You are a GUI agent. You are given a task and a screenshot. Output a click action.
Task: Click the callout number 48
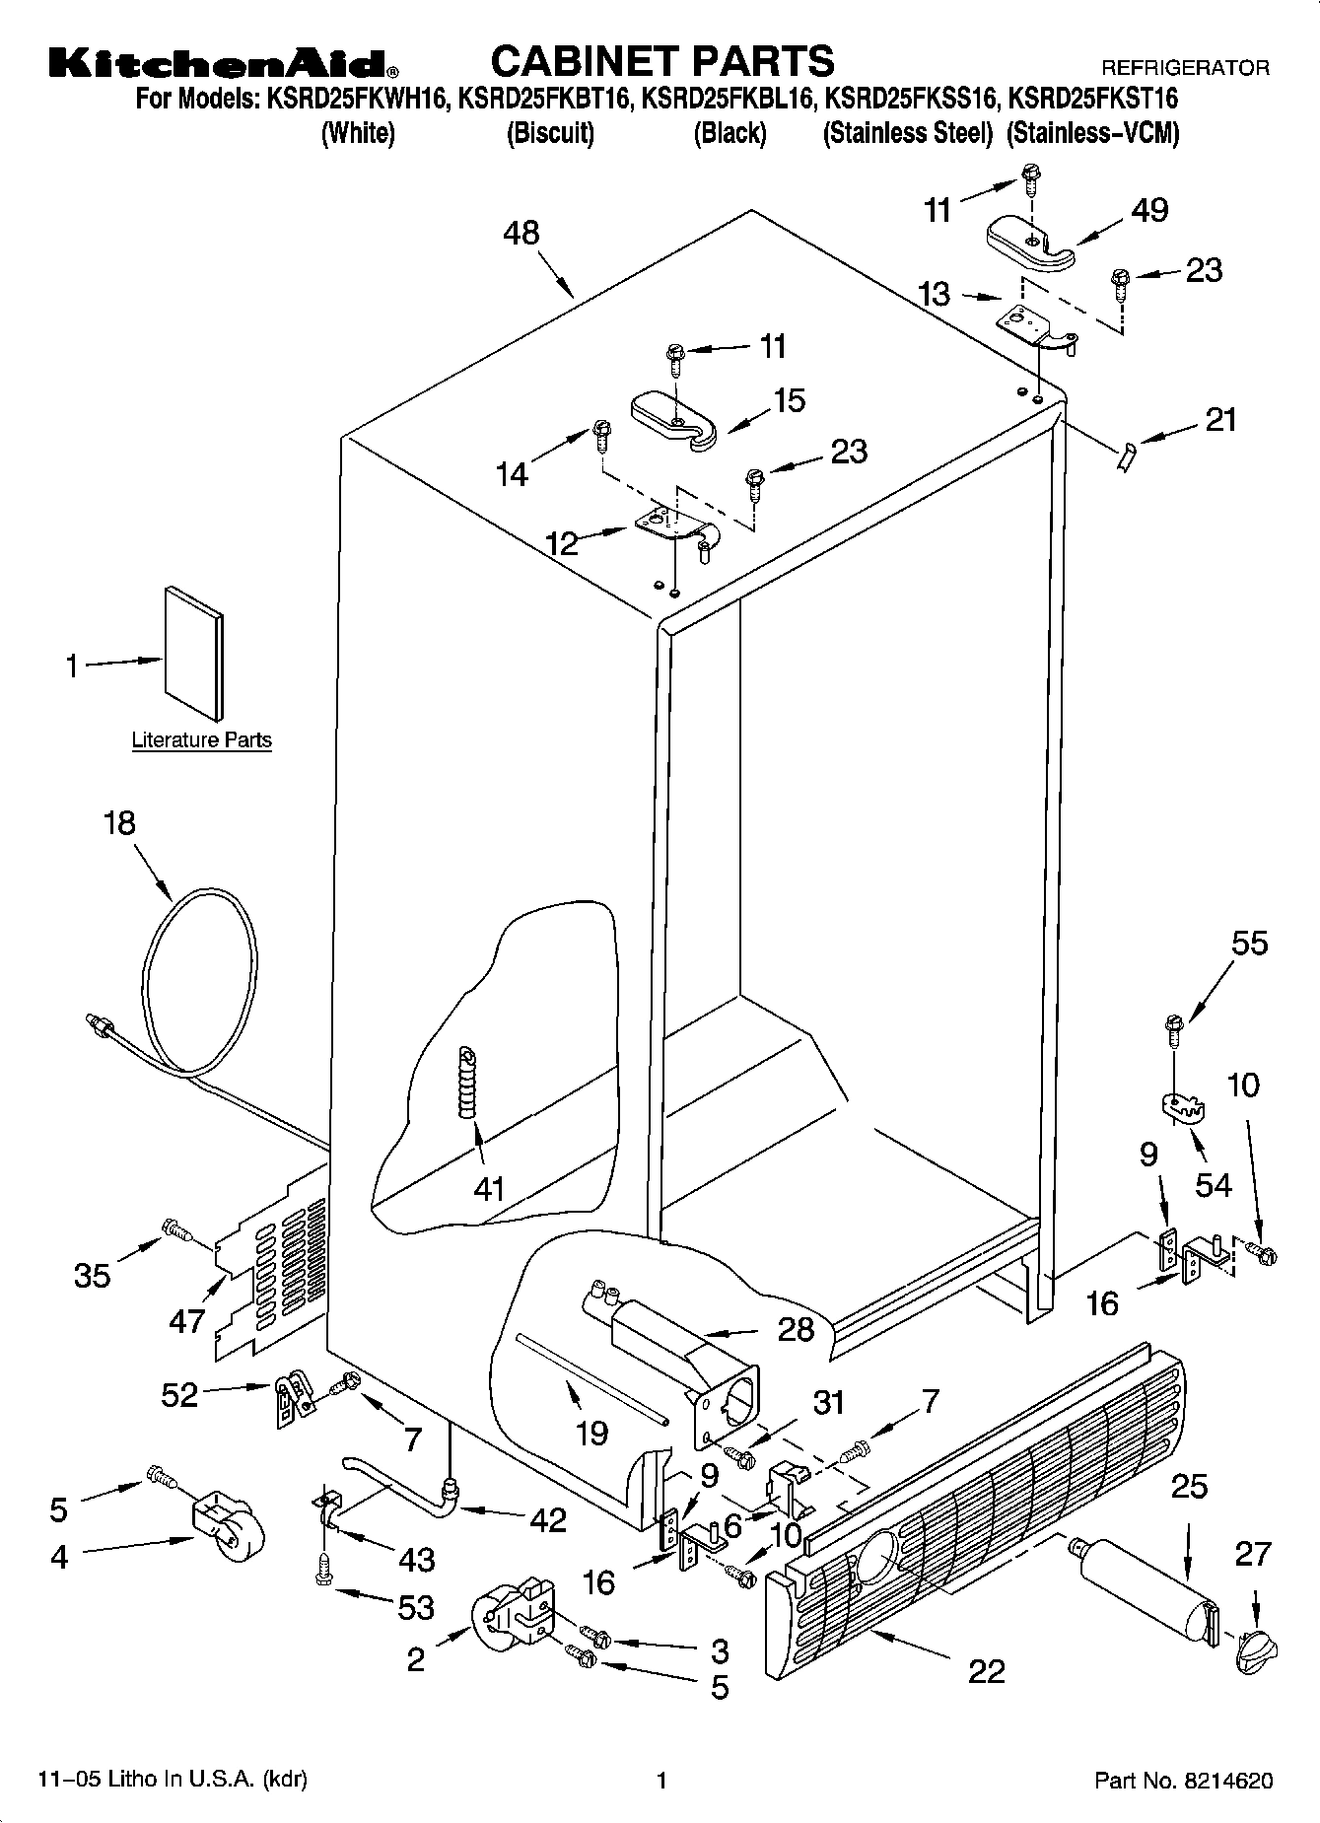point(521,233)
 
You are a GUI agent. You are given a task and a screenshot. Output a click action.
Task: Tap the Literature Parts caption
point(202,739)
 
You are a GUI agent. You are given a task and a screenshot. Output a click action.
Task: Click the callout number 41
point(489,1189)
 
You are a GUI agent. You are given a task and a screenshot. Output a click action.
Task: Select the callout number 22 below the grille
point(986,1670)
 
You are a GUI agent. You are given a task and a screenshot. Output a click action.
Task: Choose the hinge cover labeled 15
point(677,421)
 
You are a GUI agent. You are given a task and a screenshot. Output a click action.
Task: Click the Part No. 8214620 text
point(1183,1781)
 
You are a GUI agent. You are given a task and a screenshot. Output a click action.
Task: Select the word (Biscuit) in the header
point(550,133)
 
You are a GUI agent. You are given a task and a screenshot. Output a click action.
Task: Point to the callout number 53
point(415,1607)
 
